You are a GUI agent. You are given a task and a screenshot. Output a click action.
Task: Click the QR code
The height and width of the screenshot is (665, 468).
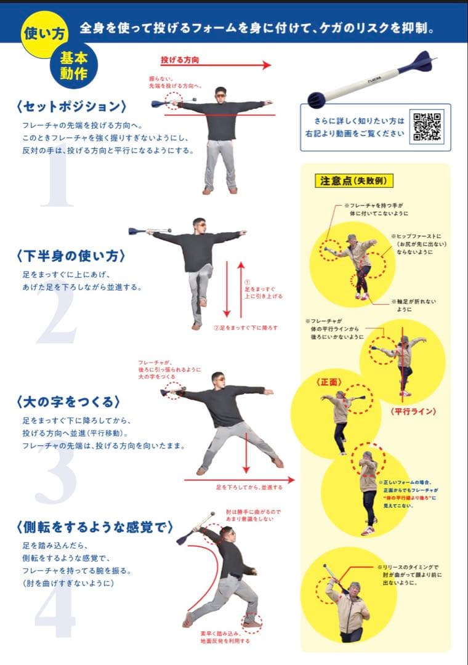427,127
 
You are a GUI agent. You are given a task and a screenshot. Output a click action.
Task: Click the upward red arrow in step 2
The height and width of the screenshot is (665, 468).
241,289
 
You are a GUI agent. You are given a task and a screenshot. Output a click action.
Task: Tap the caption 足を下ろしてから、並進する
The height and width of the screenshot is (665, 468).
249,487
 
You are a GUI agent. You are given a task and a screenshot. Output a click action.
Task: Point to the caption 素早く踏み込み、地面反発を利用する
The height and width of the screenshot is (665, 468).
224,637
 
